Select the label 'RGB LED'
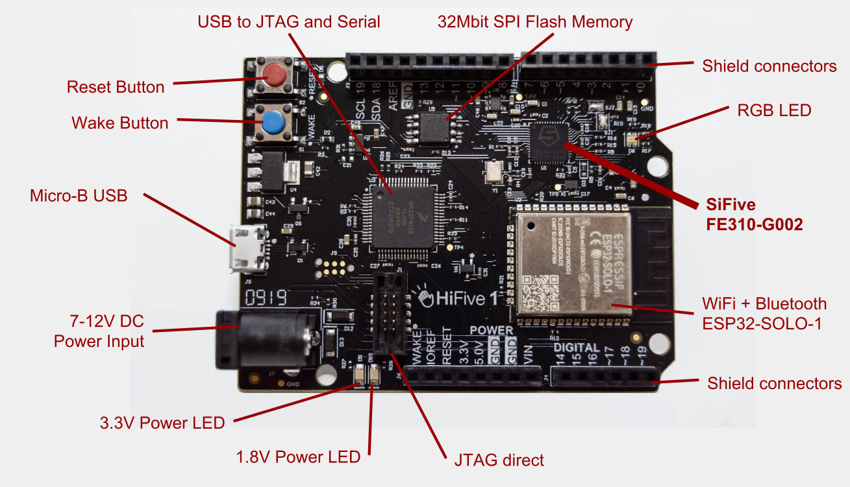point(774,111)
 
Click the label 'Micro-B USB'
point(78,196)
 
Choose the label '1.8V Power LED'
point(298,457)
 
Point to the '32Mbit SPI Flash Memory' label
point(535,22)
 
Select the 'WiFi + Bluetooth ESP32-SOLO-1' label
point(764,313)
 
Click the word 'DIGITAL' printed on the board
point(577,348)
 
